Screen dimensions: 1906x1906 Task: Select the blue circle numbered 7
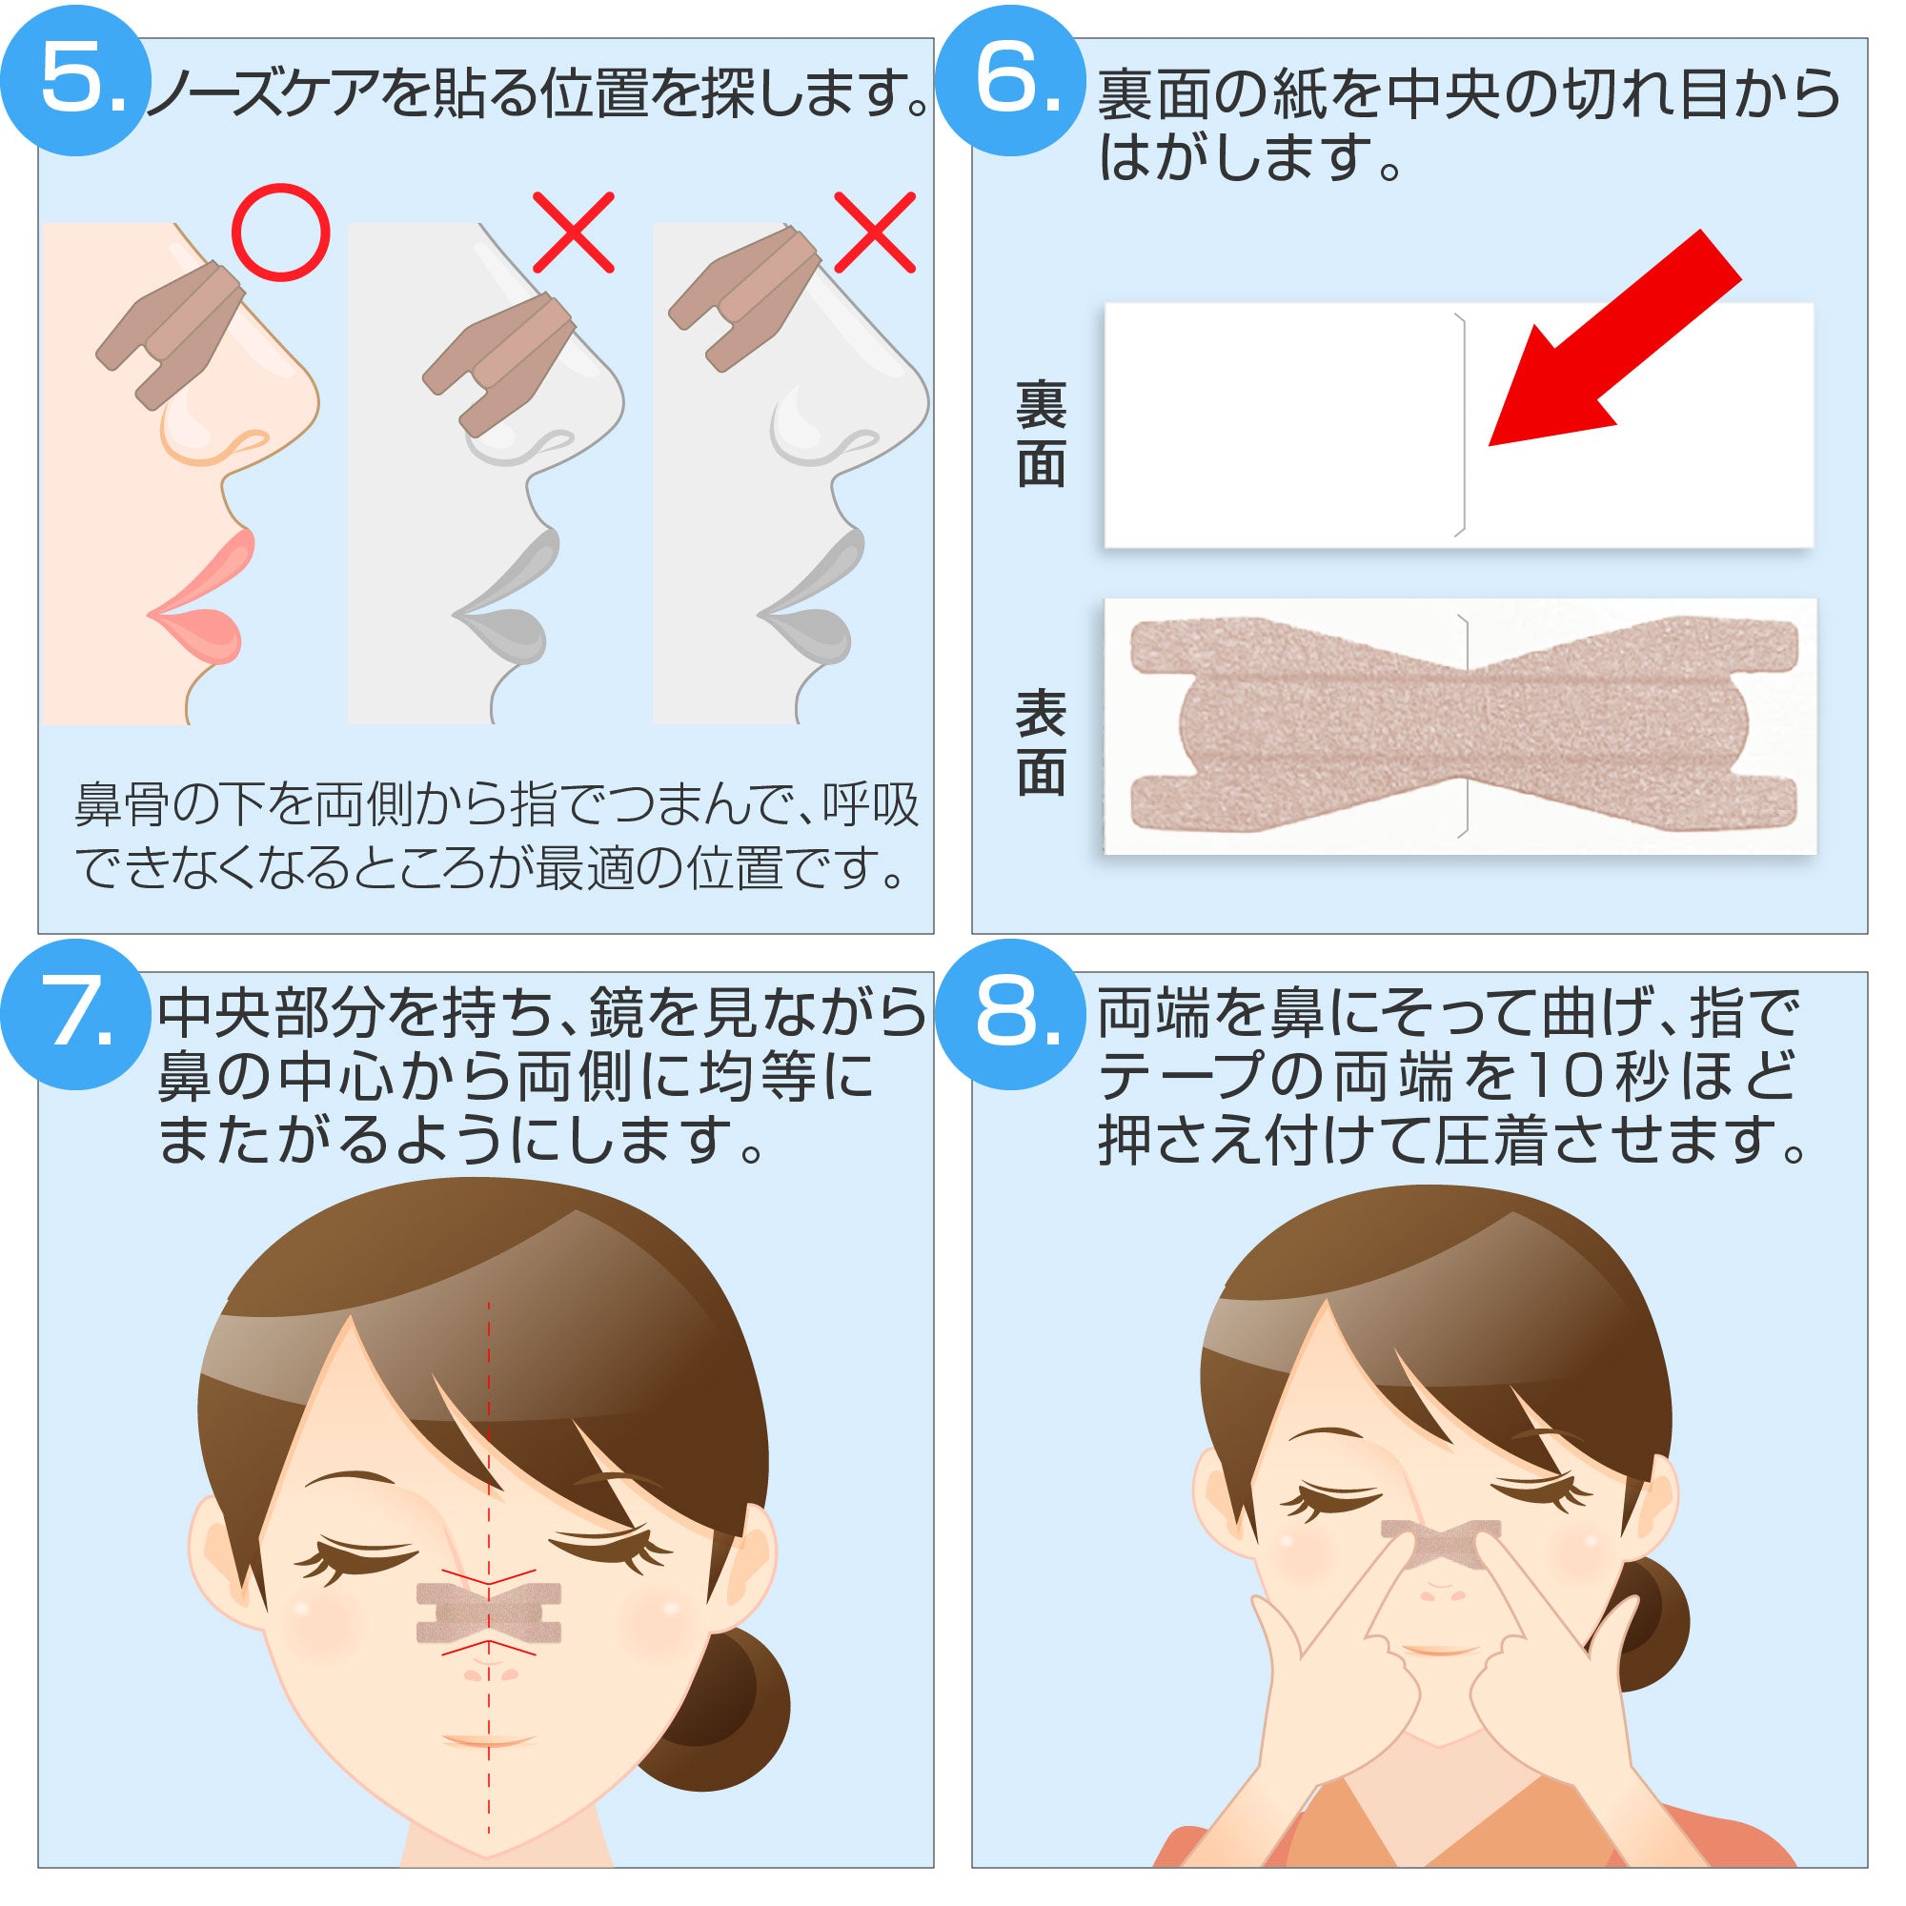[75, 1014]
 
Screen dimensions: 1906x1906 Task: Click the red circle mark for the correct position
[280, 233]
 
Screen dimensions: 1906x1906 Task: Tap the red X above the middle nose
[573, 233]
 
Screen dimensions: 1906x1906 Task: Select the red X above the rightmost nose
[875, 233]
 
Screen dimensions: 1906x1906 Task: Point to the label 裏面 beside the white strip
[1041, 434]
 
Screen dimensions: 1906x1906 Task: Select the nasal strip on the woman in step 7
[488, 1614]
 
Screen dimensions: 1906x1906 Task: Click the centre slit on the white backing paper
[1463, 424]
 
